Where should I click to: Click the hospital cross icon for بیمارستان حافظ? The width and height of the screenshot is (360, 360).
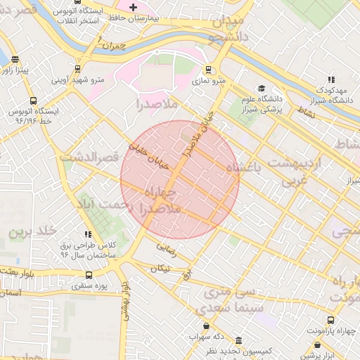[134, 6]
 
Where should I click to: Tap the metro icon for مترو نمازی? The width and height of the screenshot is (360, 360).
[207, 70]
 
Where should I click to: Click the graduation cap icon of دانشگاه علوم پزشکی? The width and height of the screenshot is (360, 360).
[262, 89]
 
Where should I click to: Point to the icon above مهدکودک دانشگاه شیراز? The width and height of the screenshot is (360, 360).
[330, 80]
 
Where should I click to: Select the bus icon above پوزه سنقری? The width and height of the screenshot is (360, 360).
[89, 275]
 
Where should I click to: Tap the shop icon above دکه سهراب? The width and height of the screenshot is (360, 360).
[205, 326]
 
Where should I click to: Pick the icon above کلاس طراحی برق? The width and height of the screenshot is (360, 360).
[87, 234]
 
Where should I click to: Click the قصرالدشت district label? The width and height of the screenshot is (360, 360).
[89, 156]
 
